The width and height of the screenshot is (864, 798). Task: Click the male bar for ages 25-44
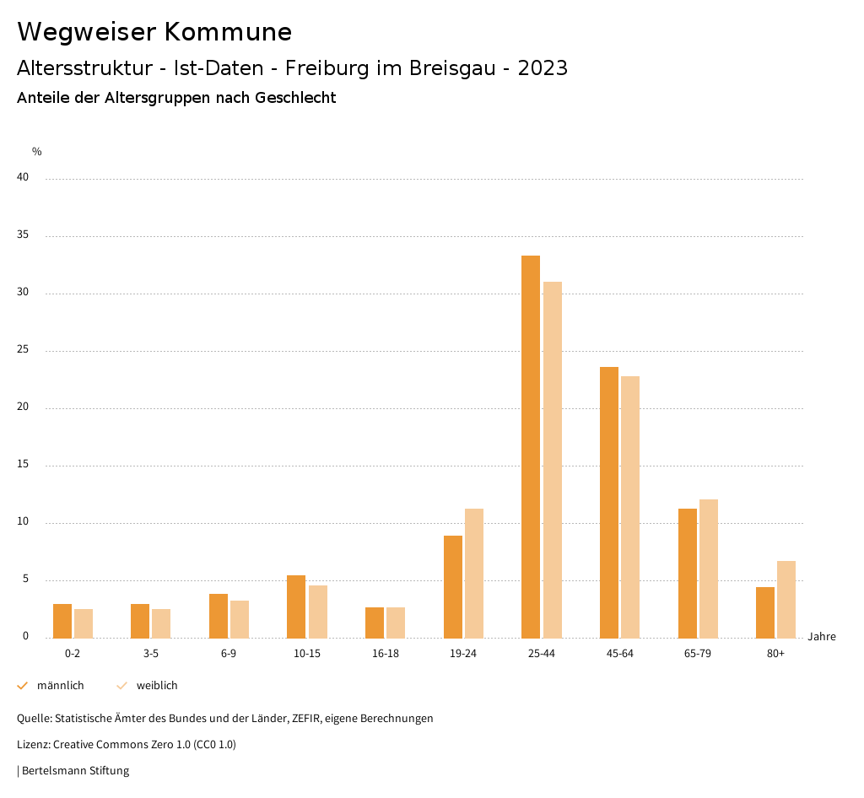(531, 447)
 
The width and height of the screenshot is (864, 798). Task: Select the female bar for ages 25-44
(553, 460)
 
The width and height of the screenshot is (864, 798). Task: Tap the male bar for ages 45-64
(609, 503)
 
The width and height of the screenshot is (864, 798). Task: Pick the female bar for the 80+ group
(786, 600)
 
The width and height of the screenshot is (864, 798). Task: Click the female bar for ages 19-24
(474, 574)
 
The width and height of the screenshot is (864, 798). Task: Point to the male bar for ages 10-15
(296, 607)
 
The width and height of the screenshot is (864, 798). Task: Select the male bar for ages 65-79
(688, 574)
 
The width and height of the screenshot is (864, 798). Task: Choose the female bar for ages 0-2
(84, 623)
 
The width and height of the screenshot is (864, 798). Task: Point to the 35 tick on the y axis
(24, 235)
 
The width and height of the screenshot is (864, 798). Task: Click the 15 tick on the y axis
(24, 465)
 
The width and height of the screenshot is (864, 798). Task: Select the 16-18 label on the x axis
(385, 654)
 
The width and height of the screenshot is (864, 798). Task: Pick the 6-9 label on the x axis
(229, 654)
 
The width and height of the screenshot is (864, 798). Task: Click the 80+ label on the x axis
(775, 654)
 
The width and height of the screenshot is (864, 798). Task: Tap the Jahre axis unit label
(822, 637)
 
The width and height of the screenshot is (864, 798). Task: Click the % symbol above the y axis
(37, 152)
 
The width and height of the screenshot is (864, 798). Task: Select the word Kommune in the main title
(228, 32)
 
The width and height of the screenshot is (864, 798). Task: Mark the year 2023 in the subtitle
(543, 68)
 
